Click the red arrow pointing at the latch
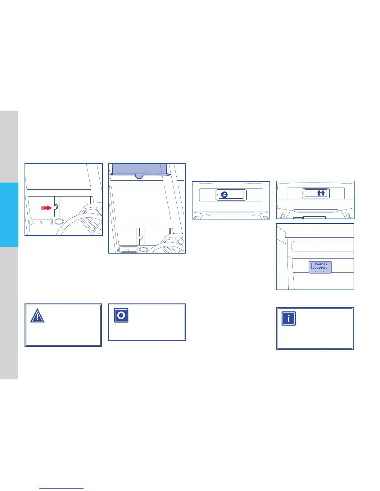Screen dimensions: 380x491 47,208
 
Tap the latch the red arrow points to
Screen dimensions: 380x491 56,207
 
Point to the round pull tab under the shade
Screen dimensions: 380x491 139,176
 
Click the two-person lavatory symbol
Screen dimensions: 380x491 321,193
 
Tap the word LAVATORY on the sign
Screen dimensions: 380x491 320,264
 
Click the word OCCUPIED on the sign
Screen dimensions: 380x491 320,268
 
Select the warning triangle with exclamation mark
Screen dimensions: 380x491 37,316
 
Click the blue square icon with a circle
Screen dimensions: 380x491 121,316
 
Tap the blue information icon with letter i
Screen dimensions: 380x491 289,318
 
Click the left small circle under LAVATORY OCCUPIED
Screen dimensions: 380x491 316,271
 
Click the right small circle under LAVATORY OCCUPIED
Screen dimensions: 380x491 324,271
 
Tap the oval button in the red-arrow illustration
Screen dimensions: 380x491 59,222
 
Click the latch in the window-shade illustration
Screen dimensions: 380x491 141,237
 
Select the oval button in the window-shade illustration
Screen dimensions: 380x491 143,249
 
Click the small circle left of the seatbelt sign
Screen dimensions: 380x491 217,195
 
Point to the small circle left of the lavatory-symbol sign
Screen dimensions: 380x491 303,193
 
